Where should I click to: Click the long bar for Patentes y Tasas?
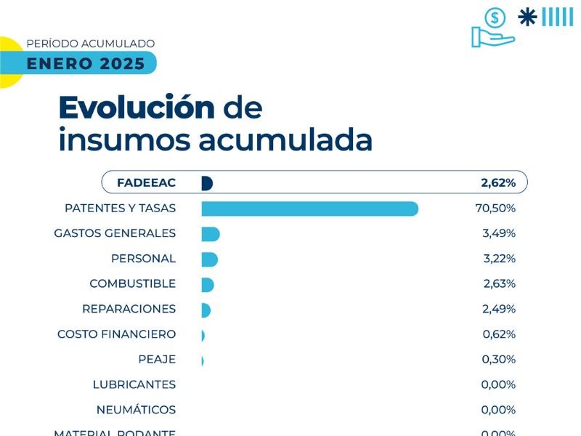pyautogui.click(x=309, y=209)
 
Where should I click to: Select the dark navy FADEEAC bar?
pyautogui.click(x=206, y=183)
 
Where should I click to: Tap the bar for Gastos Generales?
pyautogui.click(x=210, y=234)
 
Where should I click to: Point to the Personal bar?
pyautogui.click(x=209, y=259)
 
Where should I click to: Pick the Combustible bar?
pyautogui.click(x=208, y=284)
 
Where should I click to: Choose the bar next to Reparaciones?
pyautogui.click(x=206, y=310)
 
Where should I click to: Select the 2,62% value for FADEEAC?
pyautogui.click(x=498, y=183)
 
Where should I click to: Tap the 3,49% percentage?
pyautogui.click(x=499, y=234)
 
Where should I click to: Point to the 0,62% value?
pyautogui.click(x=499, y=334)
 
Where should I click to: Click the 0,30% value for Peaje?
pyautogui.click(x=499, y=360)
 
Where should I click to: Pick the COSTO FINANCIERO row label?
pyautogui.click(x=116, y=334)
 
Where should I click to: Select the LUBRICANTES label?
pyautogui.click(x=134, y=384)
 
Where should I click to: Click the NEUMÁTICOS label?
pyautogui.click(x=136, y=409)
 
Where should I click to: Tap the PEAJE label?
pyautogui.click(x=157, y=360)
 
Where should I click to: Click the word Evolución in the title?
pyautogui.click(x=137, y=108)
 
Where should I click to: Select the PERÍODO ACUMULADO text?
pyautogui.click(x=90, y=44)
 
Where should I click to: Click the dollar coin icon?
pyautogui.click(x=496, y=17)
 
